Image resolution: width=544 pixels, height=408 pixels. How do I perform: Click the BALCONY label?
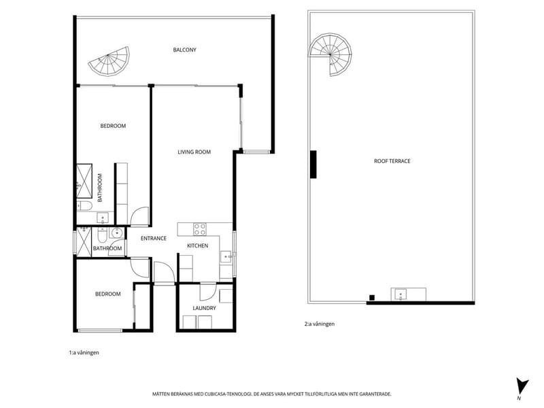(x=184, y=50)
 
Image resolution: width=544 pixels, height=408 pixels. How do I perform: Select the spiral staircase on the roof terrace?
(x=330, y=54)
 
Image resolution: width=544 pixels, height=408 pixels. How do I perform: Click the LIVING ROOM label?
(x=194, y=152)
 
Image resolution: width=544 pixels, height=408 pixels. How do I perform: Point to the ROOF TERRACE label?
(x=392, y=161)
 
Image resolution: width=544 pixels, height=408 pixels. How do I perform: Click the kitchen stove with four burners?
(x=200, y=229)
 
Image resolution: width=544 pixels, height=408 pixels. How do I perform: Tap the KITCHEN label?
(x=198, y=245)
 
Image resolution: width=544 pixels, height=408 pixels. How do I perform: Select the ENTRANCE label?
(x=154, y=239)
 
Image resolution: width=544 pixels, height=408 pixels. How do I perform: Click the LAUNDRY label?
(x=205, y=308)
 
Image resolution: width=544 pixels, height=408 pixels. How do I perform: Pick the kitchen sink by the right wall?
(x=226, y=256)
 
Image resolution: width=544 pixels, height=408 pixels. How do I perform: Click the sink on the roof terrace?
(x=401, y=295)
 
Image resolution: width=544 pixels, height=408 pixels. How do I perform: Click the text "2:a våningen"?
(x=320, y=324)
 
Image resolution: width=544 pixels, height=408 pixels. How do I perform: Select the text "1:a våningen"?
(x=84, y=352)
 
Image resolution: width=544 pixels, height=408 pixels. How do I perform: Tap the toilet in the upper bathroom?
(x=84, y=206)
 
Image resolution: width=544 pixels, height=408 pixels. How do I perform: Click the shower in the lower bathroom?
(x=84, y=242)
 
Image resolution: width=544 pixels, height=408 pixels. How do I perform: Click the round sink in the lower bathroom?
(x=117, y=233)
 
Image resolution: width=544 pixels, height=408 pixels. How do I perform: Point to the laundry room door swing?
(x=208, y=292)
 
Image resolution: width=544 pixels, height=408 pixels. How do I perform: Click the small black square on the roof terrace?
(x=372, y=297)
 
